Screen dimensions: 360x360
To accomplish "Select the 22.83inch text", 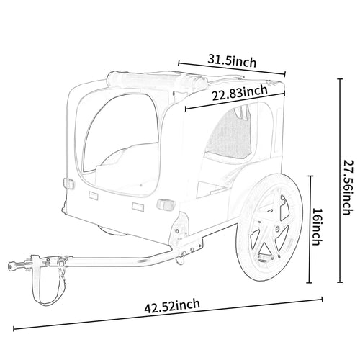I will click(240, 92).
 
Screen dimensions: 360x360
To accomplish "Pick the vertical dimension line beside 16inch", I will click(310, 228).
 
